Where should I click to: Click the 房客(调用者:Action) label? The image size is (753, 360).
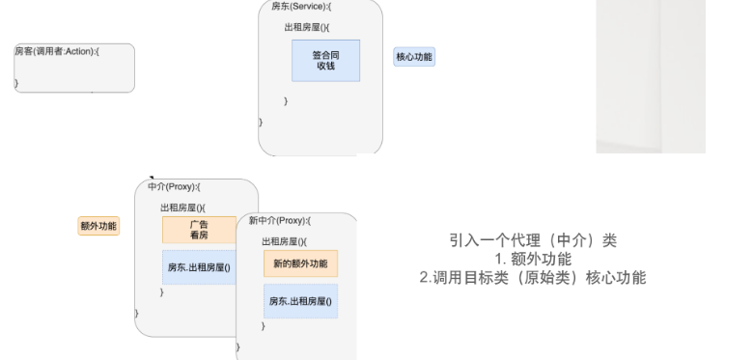57,50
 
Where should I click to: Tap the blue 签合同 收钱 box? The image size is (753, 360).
325,60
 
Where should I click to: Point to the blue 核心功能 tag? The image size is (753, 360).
414,57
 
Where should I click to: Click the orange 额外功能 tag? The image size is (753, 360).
98,226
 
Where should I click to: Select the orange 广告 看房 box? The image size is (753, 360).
199,230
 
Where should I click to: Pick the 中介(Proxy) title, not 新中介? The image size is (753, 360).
175,186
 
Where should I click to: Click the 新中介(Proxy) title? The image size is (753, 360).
280,220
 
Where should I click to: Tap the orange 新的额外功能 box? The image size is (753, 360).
300,263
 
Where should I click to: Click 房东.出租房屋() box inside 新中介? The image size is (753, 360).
300,302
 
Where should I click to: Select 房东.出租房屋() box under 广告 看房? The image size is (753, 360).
199,266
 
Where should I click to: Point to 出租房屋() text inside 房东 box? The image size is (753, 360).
307,27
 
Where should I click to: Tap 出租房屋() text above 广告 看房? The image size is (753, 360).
183,207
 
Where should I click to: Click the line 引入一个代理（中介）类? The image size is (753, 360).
533,240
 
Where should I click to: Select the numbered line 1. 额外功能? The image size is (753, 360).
533,259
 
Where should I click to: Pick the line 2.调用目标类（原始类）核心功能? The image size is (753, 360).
533,278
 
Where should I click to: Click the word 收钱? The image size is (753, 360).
325,67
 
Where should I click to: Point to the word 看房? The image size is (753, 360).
199,235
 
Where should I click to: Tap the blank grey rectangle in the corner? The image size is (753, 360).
650,75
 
